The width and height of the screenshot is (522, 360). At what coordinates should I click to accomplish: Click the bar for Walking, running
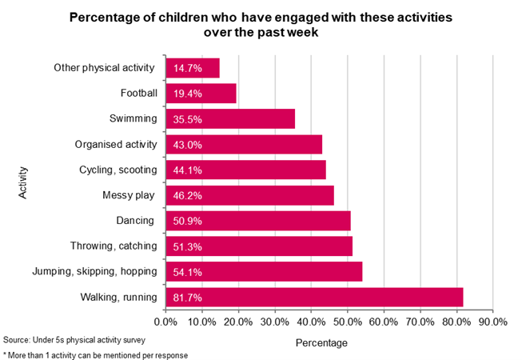click(314, 298)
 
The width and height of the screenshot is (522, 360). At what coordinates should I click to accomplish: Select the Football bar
click(201, 94)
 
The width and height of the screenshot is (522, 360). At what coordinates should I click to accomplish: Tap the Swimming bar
click(230, 119)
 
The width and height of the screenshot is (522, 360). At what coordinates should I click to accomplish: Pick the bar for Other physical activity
click(193, 68)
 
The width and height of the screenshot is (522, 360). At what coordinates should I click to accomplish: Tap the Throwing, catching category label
click(112, 246)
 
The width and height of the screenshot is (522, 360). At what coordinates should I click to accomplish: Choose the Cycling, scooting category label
click(118, 170)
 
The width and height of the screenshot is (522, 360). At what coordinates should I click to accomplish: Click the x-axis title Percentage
click(321, 343)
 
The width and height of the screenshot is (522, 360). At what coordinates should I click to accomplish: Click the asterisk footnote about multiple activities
click(95, 354)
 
